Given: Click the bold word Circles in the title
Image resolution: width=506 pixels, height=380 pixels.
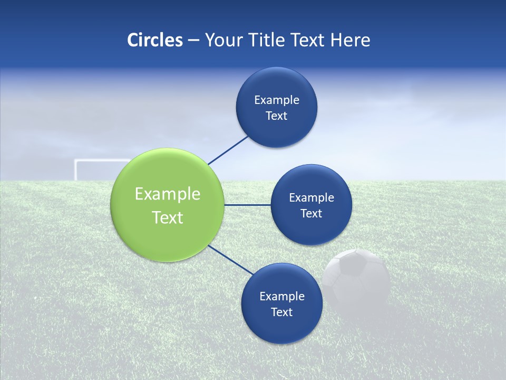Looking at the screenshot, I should [154, 40].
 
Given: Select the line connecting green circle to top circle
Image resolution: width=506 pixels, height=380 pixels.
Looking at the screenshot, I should [228, 150].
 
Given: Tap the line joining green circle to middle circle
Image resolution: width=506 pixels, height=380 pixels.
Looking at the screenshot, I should [247, 205].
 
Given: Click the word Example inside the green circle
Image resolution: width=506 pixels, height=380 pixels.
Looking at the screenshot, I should [168, 194].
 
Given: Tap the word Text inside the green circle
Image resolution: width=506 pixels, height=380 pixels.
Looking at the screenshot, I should [168, 217].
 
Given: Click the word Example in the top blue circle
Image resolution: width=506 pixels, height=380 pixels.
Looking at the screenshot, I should [277, 100].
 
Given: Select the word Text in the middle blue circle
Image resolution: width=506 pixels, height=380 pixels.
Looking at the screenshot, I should [311, 214].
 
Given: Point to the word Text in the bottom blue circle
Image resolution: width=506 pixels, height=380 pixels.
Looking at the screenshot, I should [281, 312].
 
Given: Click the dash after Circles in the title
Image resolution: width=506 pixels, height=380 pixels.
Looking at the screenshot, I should [193, 40].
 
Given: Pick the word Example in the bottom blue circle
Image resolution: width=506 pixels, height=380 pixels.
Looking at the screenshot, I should [281, 297].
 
